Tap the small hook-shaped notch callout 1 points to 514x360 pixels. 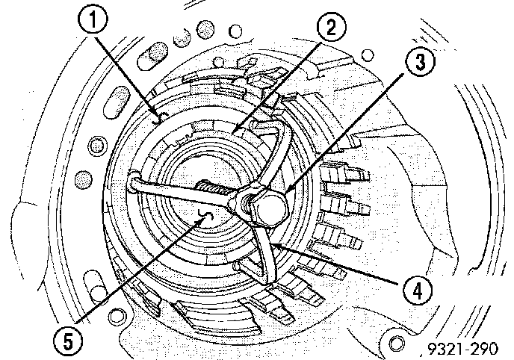coord(156,117)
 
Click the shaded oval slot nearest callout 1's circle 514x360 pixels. coord(156,57)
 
